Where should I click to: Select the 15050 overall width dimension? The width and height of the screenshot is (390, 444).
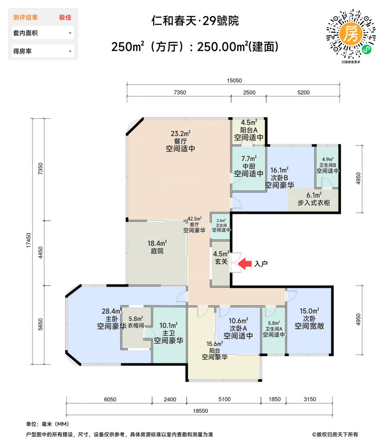click(x=234, y=81)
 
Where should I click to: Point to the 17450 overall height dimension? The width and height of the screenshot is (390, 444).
click(x=29, y=240)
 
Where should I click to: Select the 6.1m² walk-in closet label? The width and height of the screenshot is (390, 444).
click(x=314, y=199)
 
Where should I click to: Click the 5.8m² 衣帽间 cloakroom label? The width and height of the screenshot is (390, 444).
click(x=136, y=322)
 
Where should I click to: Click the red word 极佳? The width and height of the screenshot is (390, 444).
click(x=65, y=17)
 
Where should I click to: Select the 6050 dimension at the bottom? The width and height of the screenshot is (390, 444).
click(x=110, y=399)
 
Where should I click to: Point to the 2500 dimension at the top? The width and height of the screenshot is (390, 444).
click(x=249, y=92)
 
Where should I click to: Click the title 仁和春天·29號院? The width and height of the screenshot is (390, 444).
click(x=195, y=21)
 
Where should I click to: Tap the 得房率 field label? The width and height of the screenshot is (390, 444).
click(x=22, y=51)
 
